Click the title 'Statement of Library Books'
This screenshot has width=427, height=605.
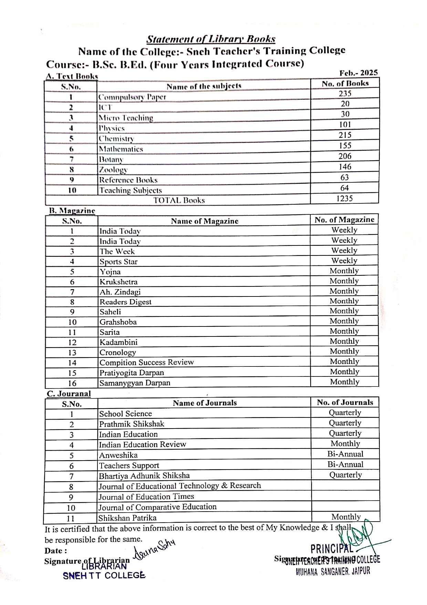[211, 39]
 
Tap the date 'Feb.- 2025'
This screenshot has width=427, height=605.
[358, 73]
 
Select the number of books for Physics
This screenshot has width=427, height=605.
[345, 124]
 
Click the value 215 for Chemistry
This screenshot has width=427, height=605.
[345, 135]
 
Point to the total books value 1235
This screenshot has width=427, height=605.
[345, 199]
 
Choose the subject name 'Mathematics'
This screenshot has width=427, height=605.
[121, 149]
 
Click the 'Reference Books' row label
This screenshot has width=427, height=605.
[128, 180]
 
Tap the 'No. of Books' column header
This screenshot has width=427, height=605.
[345, 83]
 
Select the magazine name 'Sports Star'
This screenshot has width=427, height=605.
[118, 262]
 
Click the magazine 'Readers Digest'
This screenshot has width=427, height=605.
[125, 302]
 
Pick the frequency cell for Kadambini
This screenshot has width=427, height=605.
[344, 341]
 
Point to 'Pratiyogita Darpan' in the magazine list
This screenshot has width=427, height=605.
[132, 373]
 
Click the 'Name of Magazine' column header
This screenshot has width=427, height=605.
[205, 221]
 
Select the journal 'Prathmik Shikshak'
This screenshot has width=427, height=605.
[132, 424]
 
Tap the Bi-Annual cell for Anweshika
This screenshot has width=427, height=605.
[345, 454]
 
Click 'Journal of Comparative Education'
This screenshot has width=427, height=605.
[158, 507]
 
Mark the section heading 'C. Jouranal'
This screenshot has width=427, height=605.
[69, 394]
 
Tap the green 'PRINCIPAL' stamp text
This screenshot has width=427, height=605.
[331, 548]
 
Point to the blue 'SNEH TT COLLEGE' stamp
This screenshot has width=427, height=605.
[104, 575]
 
